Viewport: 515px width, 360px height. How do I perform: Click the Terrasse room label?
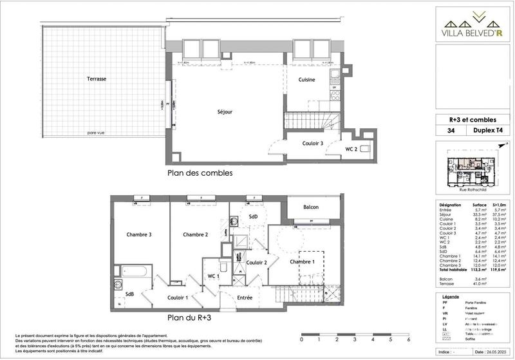[97, 79]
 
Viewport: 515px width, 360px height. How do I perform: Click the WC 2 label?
[351, 149]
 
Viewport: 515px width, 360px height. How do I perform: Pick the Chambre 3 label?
[138, 234]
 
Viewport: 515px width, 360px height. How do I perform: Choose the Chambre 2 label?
[194, 234]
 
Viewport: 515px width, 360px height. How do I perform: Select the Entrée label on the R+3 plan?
[243, 297]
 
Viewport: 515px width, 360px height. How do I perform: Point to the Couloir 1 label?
[178, 297]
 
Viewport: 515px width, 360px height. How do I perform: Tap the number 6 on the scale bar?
[408, 339]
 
